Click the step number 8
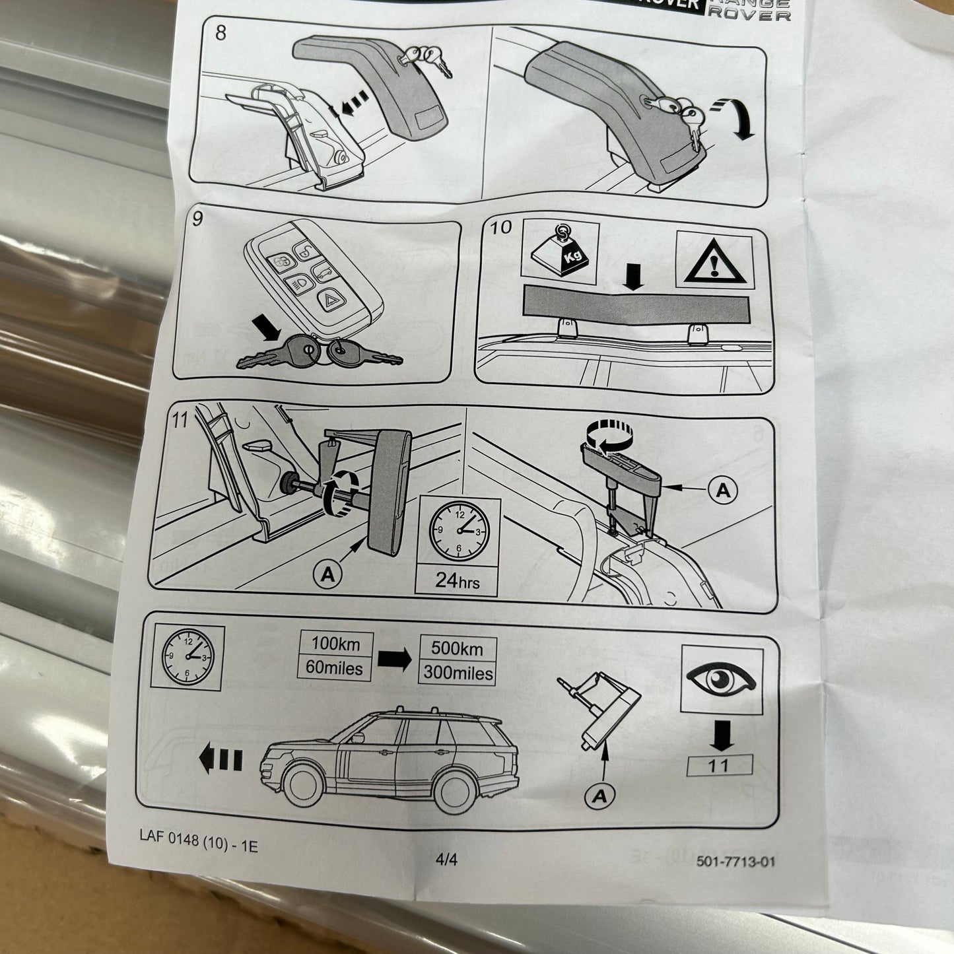(x=221, y=32)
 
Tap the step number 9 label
(x=198, y=219)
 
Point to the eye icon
(x=721, y=679)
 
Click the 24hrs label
(x=456, y=581)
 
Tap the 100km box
(x=337, y=644)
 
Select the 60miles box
(x=334, y=668)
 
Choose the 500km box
(x=457, y=648)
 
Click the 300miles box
(x=457, y=673)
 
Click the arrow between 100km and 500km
(x=394, y=659)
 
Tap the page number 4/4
(x=446, y=859)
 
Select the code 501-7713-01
(x=735, y=861)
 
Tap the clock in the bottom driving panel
(x=188, y=654)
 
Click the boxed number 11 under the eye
(x=719, y=765)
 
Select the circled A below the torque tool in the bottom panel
(x=599, y=796)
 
